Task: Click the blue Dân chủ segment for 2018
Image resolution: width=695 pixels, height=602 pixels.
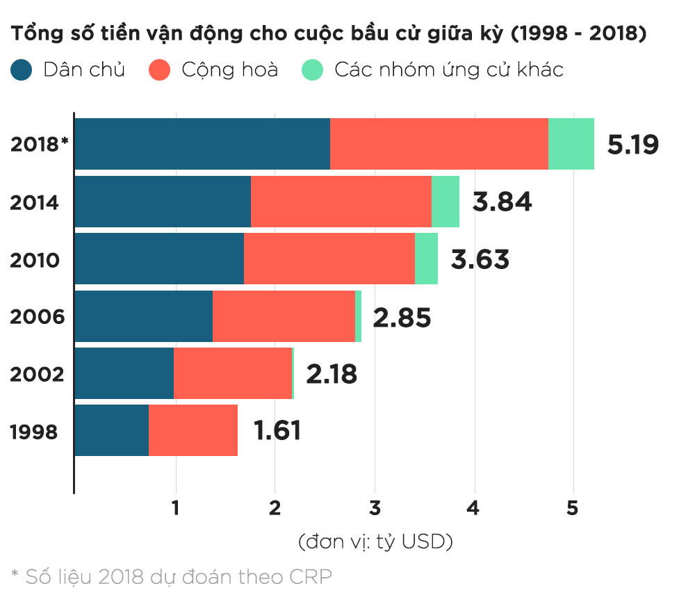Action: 202,144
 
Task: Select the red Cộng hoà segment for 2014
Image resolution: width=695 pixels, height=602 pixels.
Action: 341,202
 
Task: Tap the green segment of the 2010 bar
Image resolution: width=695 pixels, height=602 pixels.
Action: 426,259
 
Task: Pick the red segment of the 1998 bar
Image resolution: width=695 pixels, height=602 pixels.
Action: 193,431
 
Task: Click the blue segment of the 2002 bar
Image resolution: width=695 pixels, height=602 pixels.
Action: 124,374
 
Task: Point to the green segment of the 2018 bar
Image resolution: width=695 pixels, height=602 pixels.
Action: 571,144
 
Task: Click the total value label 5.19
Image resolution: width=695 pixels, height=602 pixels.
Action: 632,144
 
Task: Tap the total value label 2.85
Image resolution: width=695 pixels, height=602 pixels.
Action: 402,318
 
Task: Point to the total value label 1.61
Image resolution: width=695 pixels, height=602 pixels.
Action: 277,431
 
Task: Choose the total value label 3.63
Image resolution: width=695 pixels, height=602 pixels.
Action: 480,259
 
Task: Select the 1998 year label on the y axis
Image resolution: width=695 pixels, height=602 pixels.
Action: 34,432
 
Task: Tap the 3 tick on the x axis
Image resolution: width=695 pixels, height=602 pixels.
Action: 375,508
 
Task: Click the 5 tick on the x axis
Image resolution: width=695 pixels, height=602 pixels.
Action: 572,508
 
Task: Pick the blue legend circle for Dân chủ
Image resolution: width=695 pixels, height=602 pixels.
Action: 22,70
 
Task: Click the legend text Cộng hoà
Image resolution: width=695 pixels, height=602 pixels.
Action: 229,70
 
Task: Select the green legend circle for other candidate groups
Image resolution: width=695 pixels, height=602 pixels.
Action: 313,70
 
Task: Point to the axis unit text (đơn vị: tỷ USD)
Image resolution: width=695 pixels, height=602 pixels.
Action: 375,541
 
